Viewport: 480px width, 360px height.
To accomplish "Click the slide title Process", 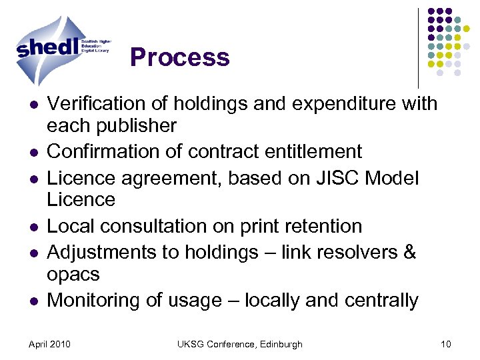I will (x=180, y=57).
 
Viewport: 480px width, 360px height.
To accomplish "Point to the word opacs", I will (x=73, y=274).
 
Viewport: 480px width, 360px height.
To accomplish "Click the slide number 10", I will (x=446, y=344).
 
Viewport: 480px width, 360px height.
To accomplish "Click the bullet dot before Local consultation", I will (x=33, y=227).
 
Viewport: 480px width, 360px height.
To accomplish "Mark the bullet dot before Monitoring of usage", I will (x=33, y=302).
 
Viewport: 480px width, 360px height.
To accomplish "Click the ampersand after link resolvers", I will (x=409, y=253).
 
